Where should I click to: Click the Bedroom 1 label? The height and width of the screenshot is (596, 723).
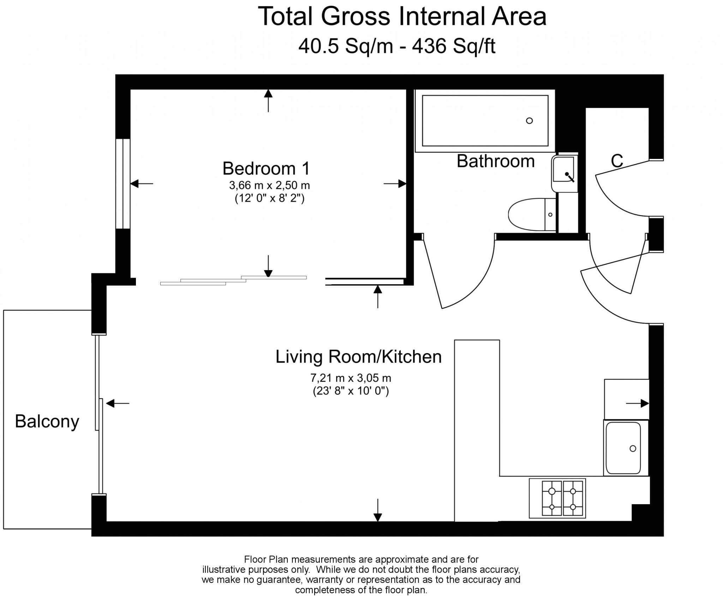tap(266, 168)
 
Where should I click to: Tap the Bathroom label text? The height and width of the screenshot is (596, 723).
tap(495, 161)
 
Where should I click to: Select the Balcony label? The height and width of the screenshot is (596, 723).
tap(47, 421)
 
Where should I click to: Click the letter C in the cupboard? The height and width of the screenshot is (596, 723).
tap(617, 161)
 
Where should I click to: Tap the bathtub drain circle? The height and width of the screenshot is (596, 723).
tap(529, 121)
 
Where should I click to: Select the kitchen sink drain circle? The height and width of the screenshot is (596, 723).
tap(633, 448)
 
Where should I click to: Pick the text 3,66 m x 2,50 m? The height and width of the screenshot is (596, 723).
tap(269, 185)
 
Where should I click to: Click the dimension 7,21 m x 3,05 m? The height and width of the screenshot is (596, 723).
tap(351, 378)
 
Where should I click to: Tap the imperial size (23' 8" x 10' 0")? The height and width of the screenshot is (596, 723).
tap(351, 391)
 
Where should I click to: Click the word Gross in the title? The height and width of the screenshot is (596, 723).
tap(355, 17)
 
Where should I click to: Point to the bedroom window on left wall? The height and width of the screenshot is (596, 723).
tap(123, 184)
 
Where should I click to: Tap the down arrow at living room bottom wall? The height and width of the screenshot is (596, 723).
tap(378, 511)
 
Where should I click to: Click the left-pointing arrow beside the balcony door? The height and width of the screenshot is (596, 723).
tap(118, 403)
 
